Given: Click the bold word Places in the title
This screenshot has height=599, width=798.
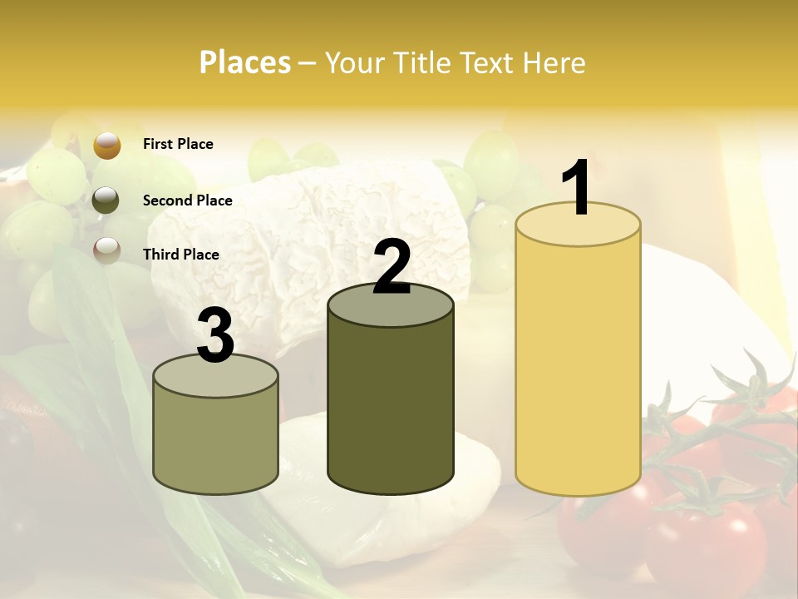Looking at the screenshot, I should click(245, 62).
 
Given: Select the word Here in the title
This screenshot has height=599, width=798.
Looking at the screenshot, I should click(556, 62).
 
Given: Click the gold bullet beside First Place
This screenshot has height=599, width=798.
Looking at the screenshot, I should click(107, 145).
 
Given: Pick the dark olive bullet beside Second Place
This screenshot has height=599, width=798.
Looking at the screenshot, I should click(106, 200).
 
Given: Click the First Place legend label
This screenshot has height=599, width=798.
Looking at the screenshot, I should click(178, 144).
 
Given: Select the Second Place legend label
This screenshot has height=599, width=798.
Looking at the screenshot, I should click(188, 200).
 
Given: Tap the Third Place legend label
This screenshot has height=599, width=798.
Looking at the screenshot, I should click(181, 255).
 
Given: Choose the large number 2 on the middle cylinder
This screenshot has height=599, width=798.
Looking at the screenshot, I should click(392, 267).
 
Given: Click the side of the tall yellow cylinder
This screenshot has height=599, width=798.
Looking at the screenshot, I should click(578, 366).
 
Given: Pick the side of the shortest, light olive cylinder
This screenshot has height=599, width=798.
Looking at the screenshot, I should click(216, 441).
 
